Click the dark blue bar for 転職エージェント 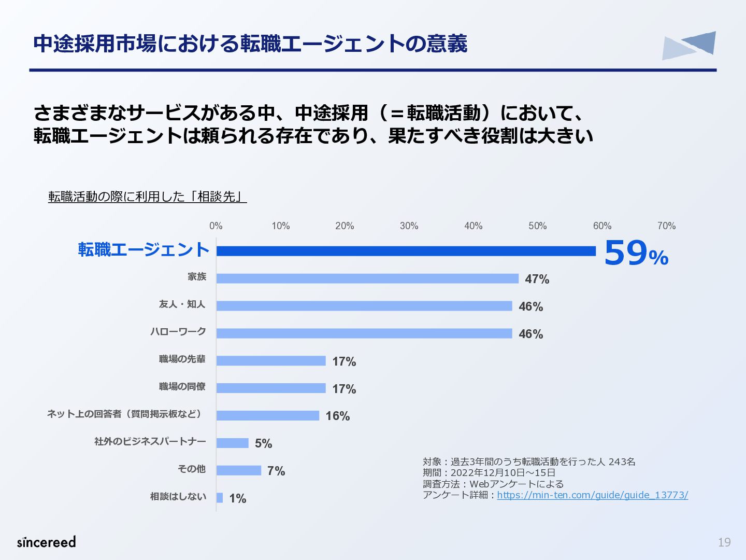coord(406,251)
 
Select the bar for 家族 coord(367,278)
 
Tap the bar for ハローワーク coord(364,333)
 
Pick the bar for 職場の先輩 coord(271,361)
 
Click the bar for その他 coord(239,470)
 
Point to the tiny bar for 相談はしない coord(220,498)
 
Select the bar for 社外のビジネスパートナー coord(233,443)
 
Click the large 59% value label coord(636,253)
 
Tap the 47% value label coord(537,279)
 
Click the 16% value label coord(338,416)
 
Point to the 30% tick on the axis coord(409,226)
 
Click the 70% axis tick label coord(666,226)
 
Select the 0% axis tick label coord(216,226)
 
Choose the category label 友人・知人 coord(182,304)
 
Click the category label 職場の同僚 coord(182,387)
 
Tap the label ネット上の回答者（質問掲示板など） coord(126,414)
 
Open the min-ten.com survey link coord(592,495)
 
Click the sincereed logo coord(47,542)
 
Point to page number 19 coord(724,542)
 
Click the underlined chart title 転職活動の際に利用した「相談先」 coord(148,197)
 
